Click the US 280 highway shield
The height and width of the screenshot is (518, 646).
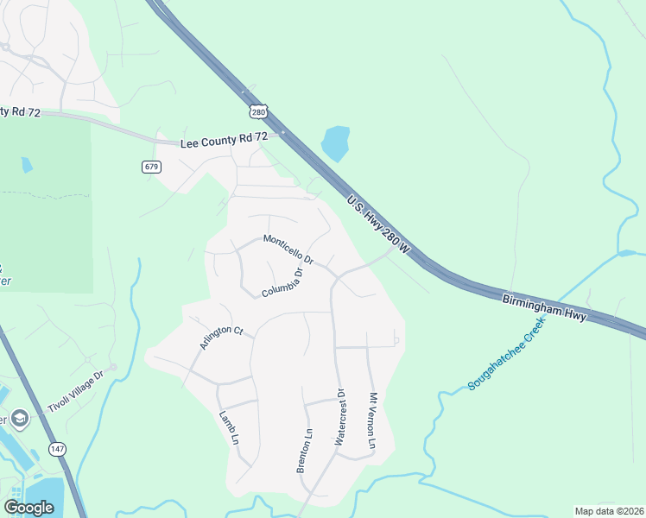click(x=259, y=111)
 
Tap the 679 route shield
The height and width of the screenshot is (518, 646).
click(x=152, y=166)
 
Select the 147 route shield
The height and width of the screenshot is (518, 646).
click(x=57, y=448)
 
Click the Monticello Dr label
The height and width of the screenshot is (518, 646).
click(x=288, y=250)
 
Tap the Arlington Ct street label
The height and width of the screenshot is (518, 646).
click(x=222, y=337)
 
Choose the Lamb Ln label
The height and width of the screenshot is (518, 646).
click(x=229, y=426)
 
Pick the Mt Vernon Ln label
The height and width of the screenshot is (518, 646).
click(x=373, y=420)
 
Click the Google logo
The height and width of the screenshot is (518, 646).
click(x=28, y=508)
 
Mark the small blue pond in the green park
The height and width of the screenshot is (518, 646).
click(x=27, y=164)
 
